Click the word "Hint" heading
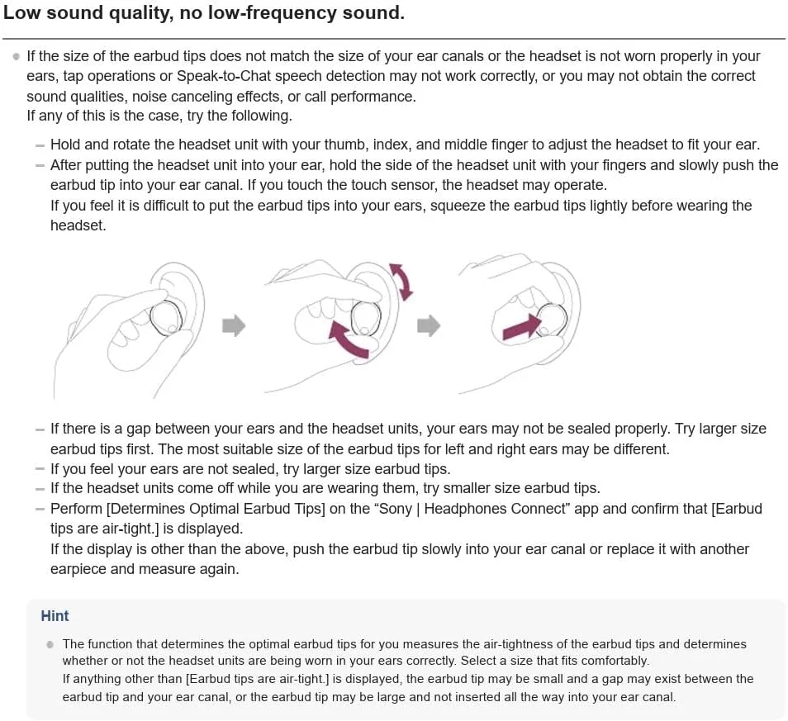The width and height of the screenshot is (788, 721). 55,616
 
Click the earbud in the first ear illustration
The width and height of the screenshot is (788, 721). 167,318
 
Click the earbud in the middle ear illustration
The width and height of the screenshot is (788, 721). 366,317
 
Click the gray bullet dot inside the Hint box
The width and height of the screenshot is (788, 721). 50,644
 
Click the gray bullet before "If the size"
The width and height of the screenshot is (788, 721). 16,56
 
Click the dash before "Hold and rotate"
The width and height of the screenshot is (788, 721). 40,145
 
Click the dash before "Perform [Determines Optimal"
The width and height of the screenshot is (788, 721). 40,509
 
